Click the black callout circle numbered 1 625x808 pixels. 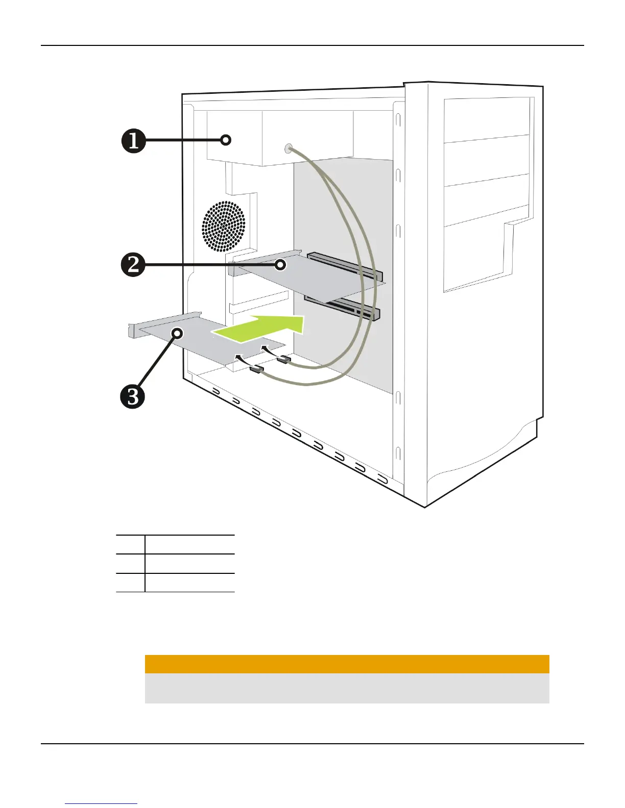pyautogui.click(x=134, y=141)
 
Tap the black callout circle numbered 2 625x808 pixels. pyautogui.click(x=134, y=265)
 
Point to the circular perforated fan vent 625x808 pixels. pyautogui.click(x=224, y=226)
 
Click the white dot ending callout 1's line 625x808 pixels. pyautogui.click(x=227, y=140)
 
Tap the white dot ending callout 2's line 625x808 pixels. pyautogui.click(x=280, y=265)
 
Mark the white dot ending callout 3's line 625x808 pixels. pyautogui.click(x=178, y=333)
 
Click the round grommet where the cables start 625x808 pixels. pyautogui.click(x=288, y=148)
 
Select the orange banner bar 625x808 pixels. pyautogui.click(x=347, y=664)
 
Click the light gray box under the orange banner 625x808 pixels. pyautogui.click(x=347, y=688)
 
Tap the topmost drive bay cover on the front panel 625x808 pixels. pyautogui.click(x=486, y=120)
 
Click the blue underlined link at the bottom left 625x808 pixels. pyautogui.click(x=101, y=804)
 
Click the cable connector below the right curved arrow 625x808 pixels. pyautogui.click(x=283, y=360)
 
